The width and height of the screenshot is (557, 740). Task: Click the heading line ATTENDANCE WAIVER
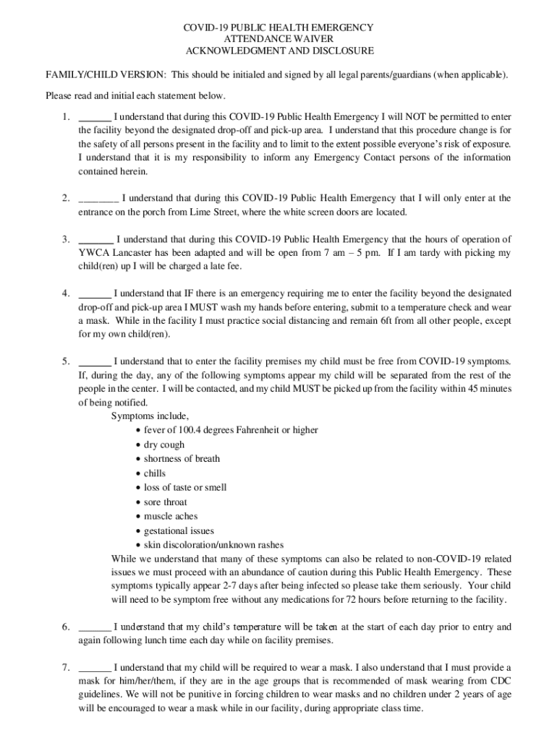coord(278,39)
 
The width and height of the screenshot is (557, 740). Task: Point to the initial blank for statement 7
coord(94,669)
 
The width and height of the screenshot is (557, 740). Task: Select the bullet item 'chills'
coord(155,473)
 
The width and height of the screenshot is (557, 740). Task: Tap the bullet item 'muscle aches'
coord(171,517)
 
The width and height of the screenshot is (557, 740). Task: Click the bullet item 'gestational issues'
coord(179,531)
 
